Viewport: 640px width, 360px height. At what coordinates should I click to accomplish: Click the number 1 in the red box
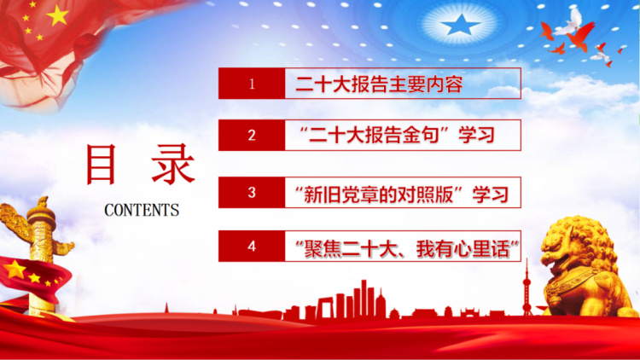(252, 84)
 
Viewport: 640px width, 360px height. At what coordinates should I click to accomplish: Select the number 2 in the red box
(252, 135)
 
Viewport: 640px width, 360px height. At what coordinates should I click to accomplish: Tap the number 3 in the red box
(252, 192)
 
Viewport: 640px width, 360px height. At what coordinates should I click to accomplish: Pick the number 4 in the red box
(252, 247)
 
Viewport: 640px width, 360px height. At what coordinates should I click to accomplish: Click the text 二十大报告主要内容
(379, 84)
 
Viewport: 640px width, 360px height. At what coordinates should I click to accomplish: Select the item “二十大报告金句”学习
(397, 135)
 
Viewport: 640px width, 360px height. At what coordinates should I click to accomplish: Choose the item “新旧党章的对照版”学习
(402, 194)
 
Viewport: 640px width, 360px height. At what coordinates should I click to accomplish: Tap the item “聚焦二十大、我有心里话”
(407, 248)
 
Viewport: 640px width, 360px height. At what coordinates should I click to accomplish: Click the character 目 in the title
(101, 164)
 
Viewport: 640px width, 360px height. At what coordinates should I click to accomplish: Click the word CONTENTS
(142, 210)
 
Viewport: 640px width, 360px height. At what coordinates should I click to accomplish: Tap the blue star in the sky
(461, 25)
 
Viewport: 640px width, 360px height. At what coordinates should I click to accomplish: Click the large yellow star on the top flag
(57, 15)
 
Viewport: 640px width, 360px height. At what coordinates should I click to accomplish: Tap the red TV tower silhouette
(527, 287)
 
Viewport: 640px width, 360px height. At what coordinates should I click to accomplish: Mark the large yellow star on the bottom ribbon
(15, 270)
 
